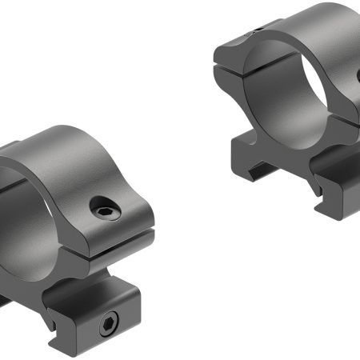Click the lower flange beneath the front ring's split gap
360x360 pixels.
tap(120, 252)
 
